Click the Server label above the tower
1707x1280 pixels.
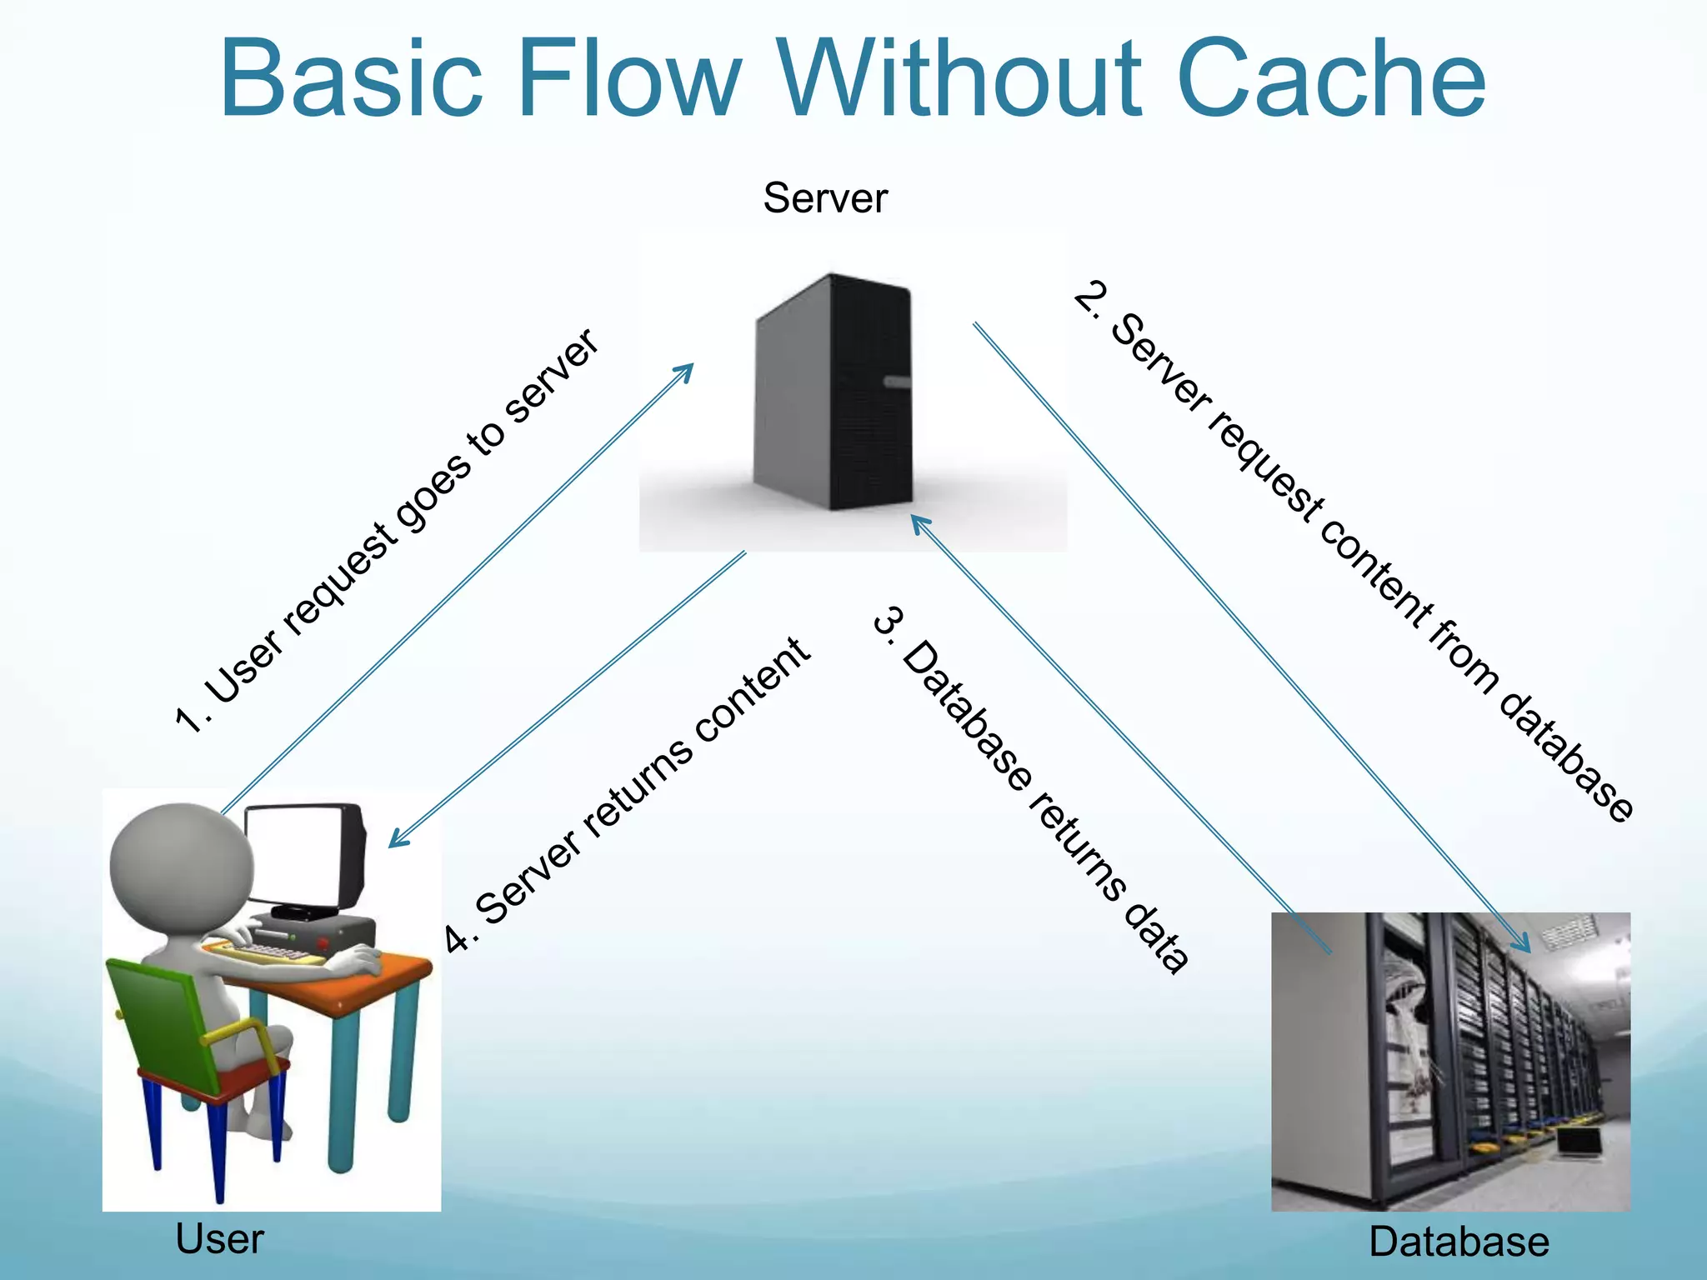(x=825, y=198)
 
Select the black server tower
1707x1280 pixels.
(x=833, y=392)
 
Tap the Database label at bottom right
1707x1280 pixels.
(x=1459, y=1242)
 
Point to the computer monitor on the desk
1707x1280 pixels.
(x=304, y=858)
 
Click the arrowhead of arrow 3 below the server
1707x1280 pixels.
(x=916, y=520)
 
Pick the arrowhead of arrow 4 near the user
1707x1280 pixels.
(x=395, y=842)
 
